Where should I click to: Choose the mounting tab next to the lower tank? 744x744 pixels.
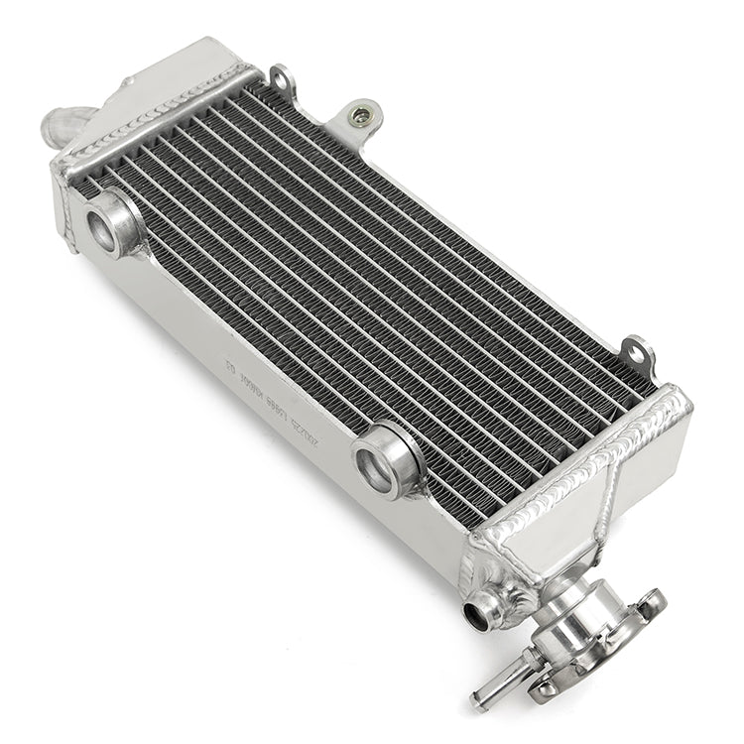pyautogui.click(x=637, y=355)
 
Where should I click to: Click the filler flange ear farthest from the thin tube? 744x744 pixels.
pyautogui.click(x=651, y=600)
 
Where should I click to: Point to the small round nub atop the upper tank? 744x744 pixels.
pyautogui.click(x=127, y=81)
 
